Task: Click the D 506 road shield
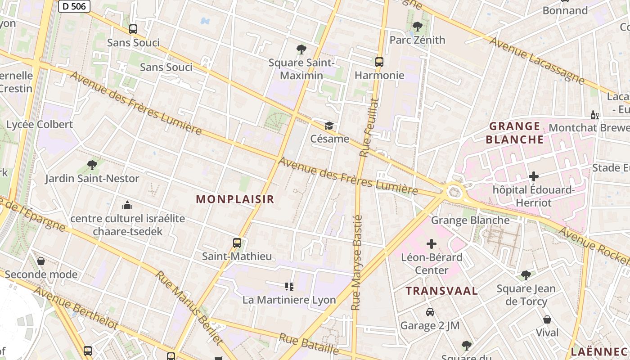click(x=74, y=6)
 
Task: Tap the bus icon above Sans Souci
click(x=133, y=29)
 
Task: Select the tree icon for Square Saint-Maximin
click(x=301, y=49)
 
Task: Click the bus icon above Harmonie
click(x=379, y=62)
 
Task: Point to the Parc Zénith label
click(x=417, y=40)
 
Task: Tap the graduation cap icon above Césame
click(x=329, y=126)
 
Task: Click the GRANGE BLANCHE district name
click(x=515, y=133)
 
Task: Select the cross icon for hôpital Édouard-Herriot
click(x=534, y=176)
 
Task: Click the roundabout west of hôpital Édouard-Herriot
click(x=454, y=193)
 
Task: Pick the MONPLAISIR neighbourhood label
click(x=235, y=199)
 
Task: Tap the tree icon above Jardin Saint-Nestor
click(x=92, y=165)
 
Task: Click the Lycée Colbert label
click(x=40, y=125)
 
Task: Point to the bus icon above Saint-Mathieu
click(x=237, y=243)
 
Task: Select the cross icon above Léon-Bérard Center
click(x=432, y=244)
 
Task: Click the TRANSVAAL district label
click(x=441, y=291)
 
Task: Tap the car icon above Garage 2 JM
click(x=430, y=312)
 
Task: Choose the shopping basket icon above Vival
click(x=547, y=319)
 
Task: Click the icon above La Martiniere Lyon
click(x=289, y=286)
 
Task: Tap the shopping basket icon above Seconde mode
click(x=41, y=261)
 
